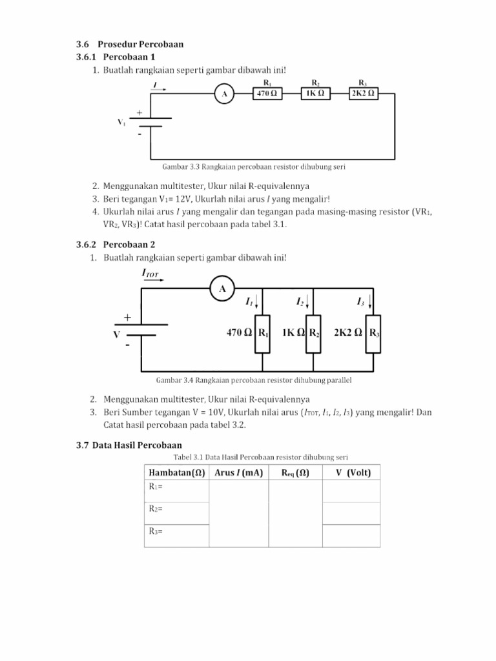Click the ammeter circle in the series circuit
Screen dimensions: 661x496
(x=224, y=95)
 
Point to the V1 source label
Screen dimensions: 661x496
(x=121, y=122)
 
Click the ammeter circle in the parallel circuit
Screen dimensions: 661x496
(x=222, y=289)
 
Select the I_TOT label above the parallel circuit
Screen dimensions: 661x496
(x=150, y=274)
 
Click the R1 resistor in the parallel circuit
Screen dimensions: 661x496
(x=263, y=333)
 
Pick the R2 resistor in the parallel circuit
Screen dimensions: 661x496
(x=313, y=333)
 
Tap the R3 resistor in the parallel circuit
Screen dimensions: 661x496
(x=374, y=333)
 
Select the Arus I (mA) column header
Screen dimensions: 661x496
(x=238, y=473)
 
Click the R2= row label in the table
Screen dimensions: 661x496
(x=156, y=509)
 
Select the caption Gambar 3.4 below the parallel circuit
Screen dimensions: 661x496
(x=253, y=380)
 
